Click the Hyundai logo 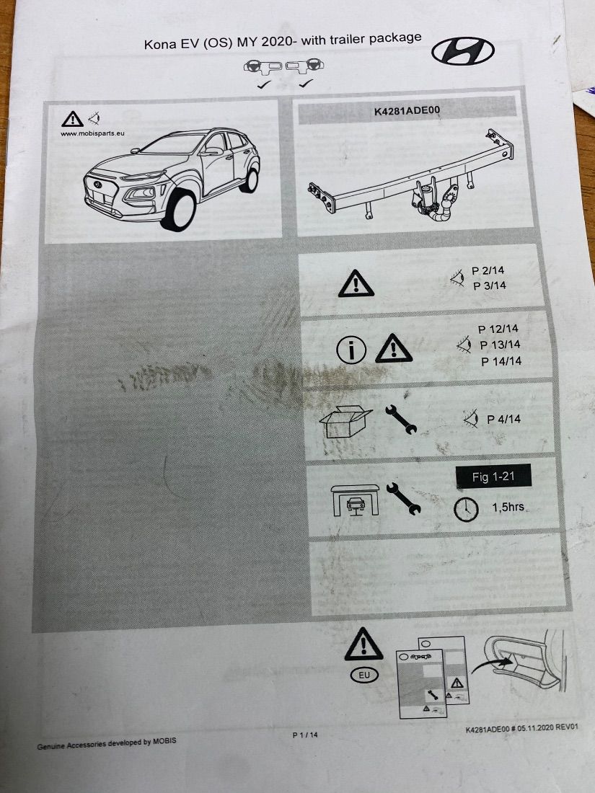click(462, 50)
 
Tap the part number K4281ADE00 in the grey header click(407, 111)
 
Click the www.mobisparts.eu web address click(92, 133)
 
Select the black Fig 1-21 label click(493, 477)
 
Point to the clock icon click(466, 509)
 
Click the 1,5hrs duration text click(508, 507)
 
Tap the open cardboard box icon click(345, 421)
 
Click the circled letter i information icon click(351, 350)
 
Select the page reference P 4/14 click(503, 420)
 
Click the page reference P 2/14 click(488, 270)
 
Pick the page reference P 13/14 click(500, 345)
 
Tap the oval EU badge click(364, 675)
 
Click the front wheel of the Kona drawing click(178, 210)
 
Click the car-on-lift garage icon click(355, 500)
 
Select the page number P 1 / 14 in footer click(305, 735)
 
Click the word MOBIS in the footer click(164, 741)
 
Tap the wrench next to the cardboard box click(401, 420)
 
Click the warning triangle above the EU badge click(363, 644)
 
